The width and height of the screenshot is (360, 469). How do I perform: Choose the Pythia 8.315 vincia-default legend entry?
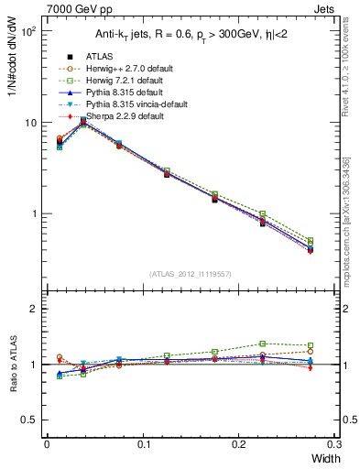coord(126,104)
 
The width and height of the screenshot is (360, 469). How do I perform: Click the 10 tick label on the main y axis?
coord(30,123)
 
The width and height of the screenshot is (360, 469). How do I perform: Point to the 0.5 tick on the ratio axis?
coord(29,420)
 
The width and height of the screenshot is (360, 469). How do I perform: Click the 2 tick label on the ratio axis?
coord(34,310)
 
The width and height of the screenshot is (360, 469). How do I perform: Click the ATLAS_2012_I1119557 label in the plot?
coord(191,274)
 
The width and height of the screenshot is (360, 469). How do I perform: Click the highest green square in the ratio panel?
coord(262,344)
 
